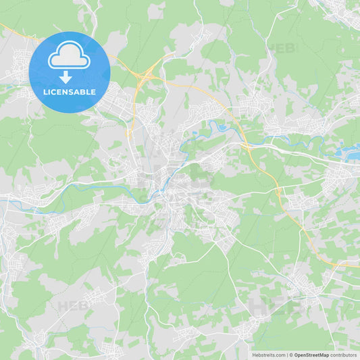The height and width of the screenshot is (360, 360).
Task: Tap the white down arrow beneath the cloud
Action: pyautogui.click(x=66, y=77)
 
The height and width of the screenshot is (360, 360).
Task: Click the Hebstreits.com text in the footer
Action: pyautogui.click(x=269, y=355)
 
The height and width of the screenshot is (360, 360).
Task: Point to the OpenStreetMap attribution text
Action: pyautogui.click(x=311, y=355)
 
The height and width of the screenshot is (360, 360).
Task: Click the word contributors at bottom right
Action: pyautogui.click(x=344, y=355)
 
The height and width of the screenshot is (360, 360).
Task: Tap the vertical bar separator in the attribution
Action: pyautogui.click(x=290, y=355)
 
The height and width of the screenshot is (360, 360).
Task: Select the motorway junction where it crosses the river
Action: pyautogui.click(x=245, y=143)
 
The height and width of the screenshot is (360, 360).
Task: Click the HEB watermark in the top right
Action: pyautogui.click(x=282, y=49)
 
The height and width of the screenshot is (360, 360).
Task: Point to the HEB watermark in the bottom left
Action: pyautogui.click(x=72, y=305)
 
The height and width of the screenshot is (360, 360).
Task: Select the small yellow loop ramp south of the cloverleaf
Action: pyautogui.click(x=128, y=133)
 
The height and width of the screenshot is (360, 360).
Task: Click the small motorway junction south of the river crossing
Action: pyautogui.click(x=278, y=192)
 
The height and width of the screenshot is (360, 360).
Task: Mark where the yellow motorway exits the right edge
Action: pyautogui.click(x=358, y=266)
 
